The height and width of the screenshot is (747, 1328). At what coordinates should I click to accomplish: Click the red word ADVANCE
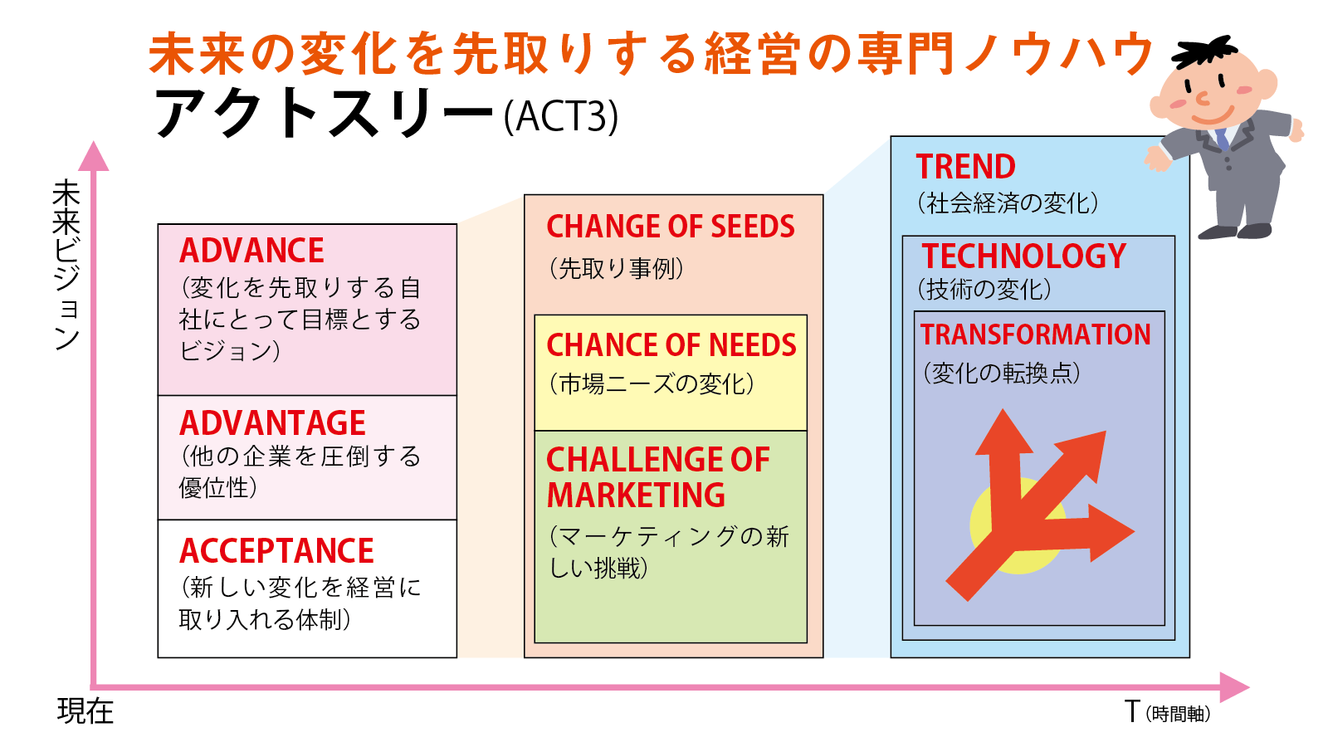click(251, 251)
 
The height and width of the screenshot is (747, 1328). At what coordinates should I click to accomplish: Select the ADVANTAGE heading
click(272, 423)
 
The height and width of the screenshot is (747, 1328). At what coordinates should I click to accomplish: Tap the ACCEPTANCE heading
click(276, 551)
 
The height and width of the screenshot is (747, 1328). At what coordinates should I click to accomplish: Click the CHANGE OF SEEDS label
click(670, 227)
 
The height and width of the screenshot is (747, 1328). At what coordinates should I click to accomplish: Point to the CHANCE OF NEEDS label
click(671, 345)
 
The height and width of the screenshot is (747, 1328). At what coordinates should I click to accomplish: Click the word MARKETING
click(636, 495)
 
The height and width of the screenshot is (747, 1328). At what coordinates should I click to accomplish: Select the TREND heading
click(965, 167)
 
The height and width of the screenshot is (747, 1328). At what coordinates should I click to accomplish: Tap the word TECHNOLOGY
click(1024, 256)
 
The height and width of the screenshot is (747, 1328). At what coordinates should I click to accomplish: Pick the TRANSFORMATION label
click(1035, 334)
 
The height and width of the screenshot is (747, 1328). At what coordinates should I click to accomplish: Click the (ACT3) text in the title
click(561, 116)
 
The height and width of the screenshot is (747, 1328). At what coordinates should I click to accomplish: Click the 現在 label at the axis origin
click(85, 711)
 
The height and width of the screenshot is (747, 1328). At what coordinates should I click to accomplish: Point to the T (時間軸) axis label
click(1167, 712)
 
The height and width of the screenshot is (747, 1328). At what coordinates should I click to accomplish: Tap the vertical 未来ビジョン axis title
click(66, 265)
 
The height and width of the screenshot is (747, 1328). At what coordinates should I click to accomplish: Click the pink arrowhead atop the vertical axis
click(94, 157)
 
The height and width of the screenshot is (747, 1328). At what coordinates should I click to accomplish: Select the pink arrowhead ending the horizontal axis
click(1234, 688)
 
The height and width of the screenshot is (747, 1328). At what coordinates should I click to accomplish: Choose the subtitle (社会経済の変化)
click(1008, 203)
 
